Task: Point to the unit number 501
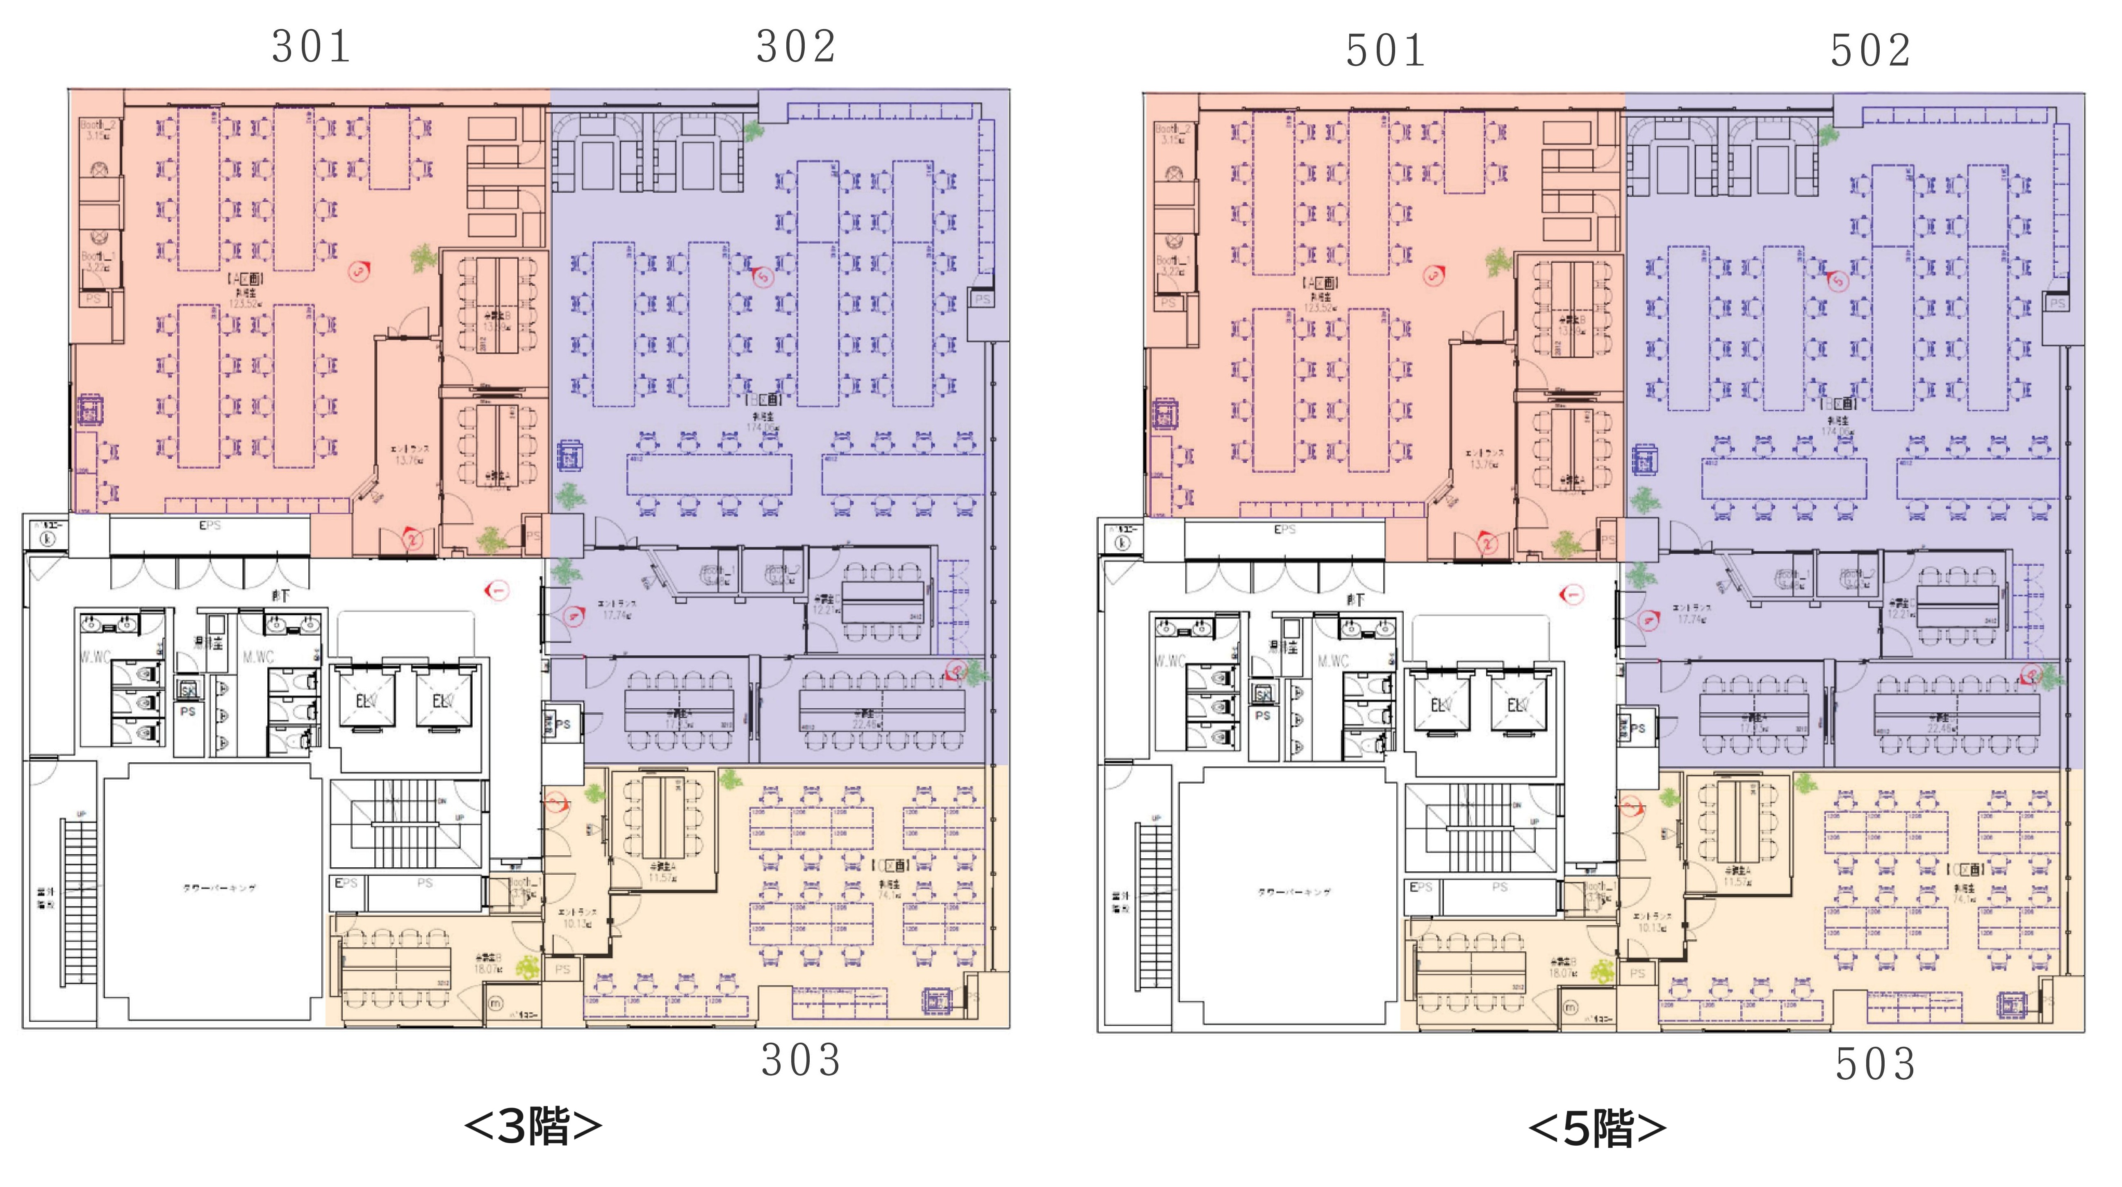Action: tap(1386, 51)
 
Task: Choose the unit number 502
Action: tap(1870, 51)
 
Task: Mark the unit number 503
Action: tap(1875, 1064)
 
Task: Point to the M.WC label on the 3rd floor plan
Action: tap(258, 657)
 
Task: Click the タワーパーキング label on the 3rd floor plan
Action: tap(219, 888)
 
